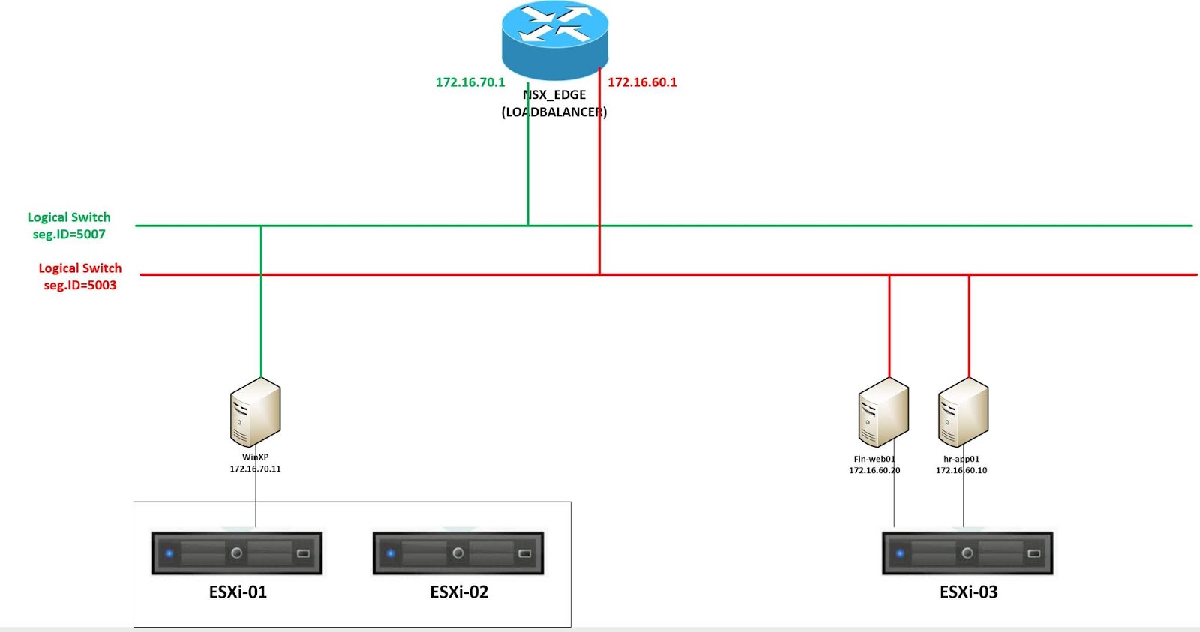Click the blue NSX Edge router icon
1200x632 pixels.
pos(554,39)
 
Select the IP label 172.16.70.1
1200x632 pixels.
pos(470,82)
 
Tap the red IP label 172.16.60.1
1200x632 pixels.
pos(642,82)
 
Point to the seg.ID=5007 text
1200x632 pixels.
pos(69,235)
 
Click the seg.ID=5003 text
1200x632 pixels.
pos(79,286)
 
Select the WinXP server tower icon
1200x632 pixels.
pos(255,412)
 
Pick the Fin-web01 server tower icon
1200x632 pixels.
pos(883,413)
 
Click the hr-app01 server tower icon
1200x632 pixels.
pos(963,413)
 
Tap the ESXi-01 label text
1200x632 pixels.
pos(238,592)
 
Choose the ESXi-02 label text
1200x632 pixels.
pos(459,592)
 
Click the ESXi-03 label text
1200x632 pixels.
pos(968,592)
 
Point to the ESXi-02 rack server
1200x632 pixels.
pos(457,553)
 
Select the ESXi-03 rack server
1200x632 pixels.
pos(967,553)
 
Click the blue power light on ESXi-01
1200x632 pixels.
pos(169,553)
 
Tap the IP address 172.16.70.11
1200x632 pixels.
pos(255,469)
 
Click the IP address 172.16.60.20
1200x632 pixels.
pos(874,471)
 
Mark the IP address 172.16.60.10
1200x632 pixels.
pos(961,471)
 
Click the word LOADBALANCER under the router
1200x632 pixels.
pos(554,112)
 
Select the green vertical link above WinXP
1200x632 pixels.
pos(261,315)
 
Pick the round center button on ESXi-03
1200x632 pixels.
pos(967,553)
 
